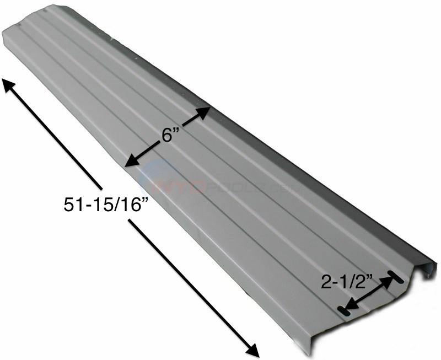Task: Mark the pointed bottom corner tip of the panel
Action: tap(310, 353)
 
